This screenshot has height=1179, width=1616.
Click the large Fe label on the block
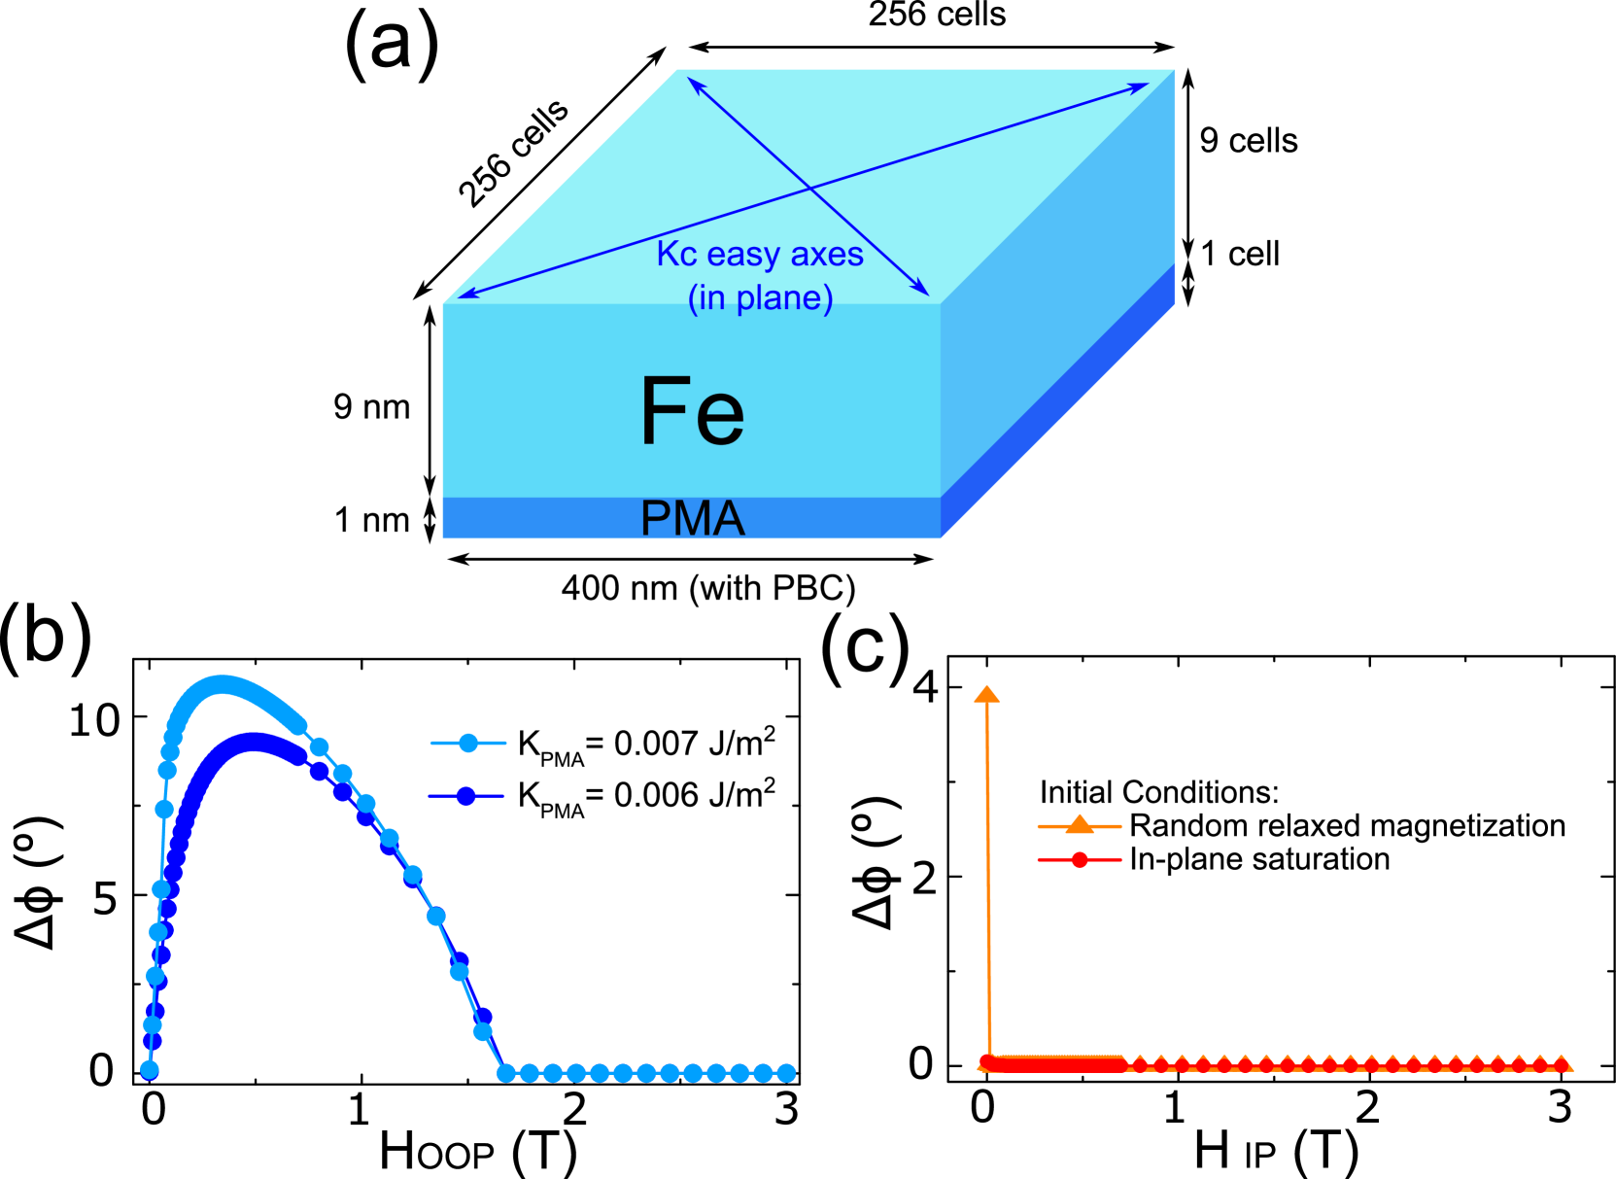pyautogui.click(x=692, y=412)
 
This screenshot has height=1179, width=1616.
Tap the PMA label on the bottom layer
pyautogui.click(x=692, y=519)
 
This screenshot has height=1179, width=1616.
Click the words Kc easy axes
pyautogui.click(x=760, y=254)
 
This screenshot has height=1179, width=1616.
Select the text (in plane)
pyautogui.click(x=760, y=297)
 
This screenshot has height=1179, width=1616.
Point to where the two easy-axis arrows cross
pyautogui.click(x=809, y=188)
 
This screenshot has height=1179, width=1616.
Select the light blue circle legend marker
pyautogui.click(x=468, y=744)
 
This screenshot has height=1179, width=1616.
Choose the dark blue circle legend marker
pyautogui.click(x=466, y=796)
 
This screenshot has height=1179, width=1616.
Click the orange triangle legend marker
pyautogui.click(x=1080, y=824)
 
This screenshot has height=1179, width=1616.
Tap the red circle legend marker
pyautogui.click(x=1080, y=859)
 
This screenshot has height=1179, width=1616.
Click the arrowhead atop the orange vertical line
pyautogui.click(x=986, y=694)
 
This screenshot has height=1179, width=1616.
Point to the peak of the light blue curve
pyautogui.click(x=223, y=684)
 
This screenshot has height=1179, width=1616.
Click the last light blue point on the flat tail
pyautogui.click(x=786, y=1073)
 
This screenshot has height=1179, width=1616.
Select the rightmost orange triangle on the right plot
pyautogui.click(x=1562, y=1062)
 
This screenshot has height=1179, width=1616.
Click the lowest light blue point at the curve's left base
pyautogui.click(x=150, y=1069)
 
